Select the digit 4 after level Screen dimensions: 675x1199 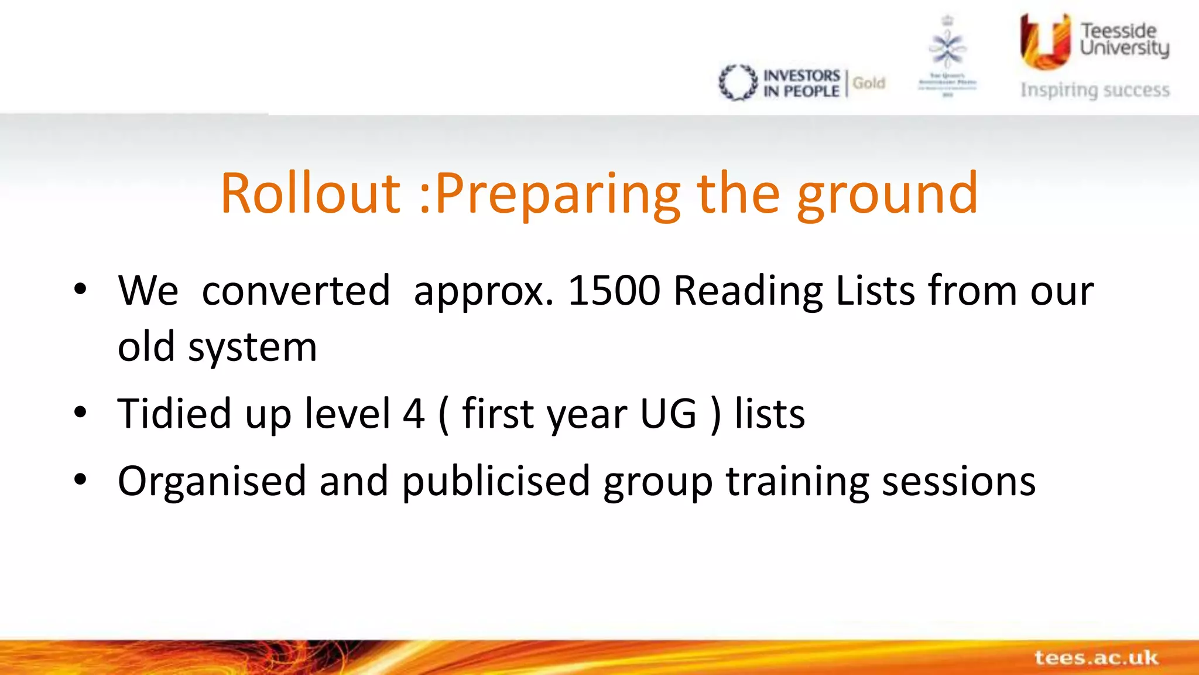413,414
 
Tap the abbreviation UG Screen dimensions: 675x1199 668,414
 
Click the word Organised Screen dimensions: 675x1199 212,482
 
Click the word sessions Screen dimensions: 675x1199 958,482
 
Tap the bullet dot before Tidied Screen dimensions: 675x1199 80,413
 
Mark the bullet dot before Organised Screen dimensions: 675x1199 80,480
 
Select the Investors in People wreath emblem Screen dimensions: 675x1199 738,82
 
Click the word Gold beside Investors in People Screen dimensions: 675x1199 869,83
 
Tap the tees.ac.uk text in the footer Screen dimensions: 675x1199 1096,657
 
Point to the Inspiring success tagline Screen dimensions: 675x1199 1095,90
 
